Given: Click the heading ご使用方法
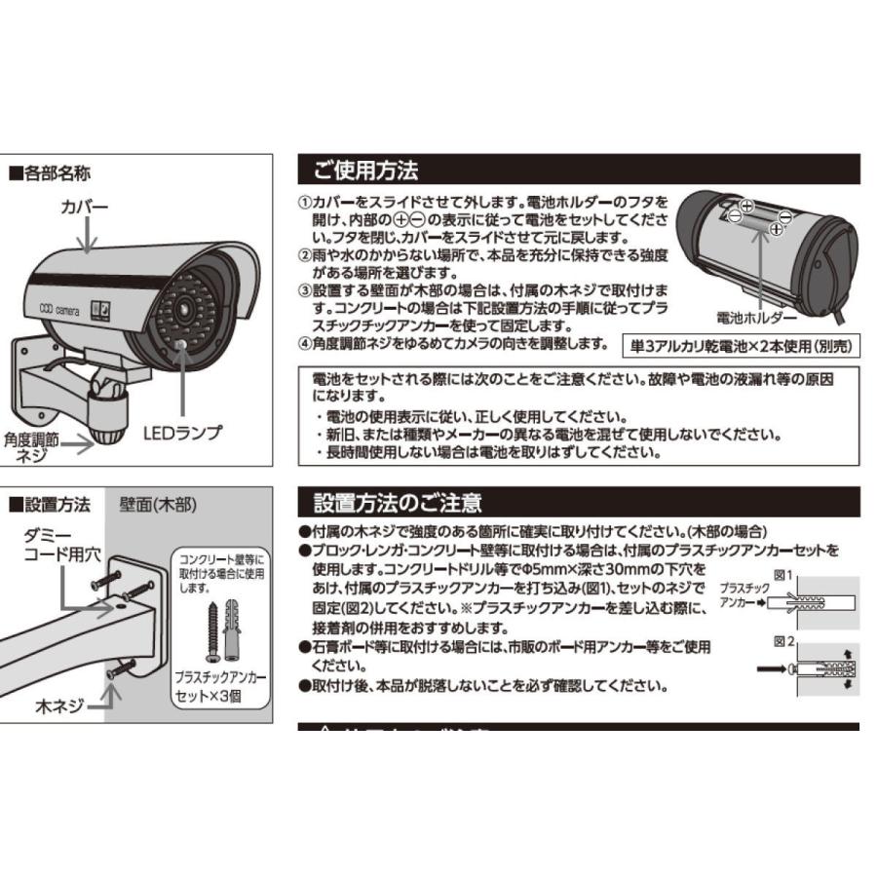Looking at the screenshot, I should pyautogui.click(x=365, y=171).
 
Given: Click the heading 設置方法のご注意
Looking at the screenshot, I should pyautogui.click(x=397, y=503).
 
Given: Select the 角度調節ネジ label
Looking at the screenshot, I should pyautogui.click(x=32, y=447).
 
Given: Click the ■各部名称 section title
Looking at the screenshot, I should pyautogui.click(x=50, y=174).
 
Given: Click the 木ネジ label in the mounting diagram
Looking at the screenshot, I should pyautogui.click(x=59, y=704).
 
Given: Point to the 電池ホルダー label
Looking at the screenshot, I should pyautogui.click(x=756, y=318).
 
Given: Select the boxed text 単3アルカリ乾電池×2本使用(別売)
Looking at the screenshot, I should pyautogui.click(x=742, y=345).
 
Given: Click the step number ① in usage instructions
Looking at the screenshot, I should pyautogui.click(x=303, y=200).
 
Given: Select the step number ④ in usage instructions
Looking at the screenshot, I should pyautogui.click(x=303, y=344).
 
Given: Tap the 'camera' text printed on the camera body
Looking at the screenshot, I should pyautogui.click(x=66, y=308).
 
